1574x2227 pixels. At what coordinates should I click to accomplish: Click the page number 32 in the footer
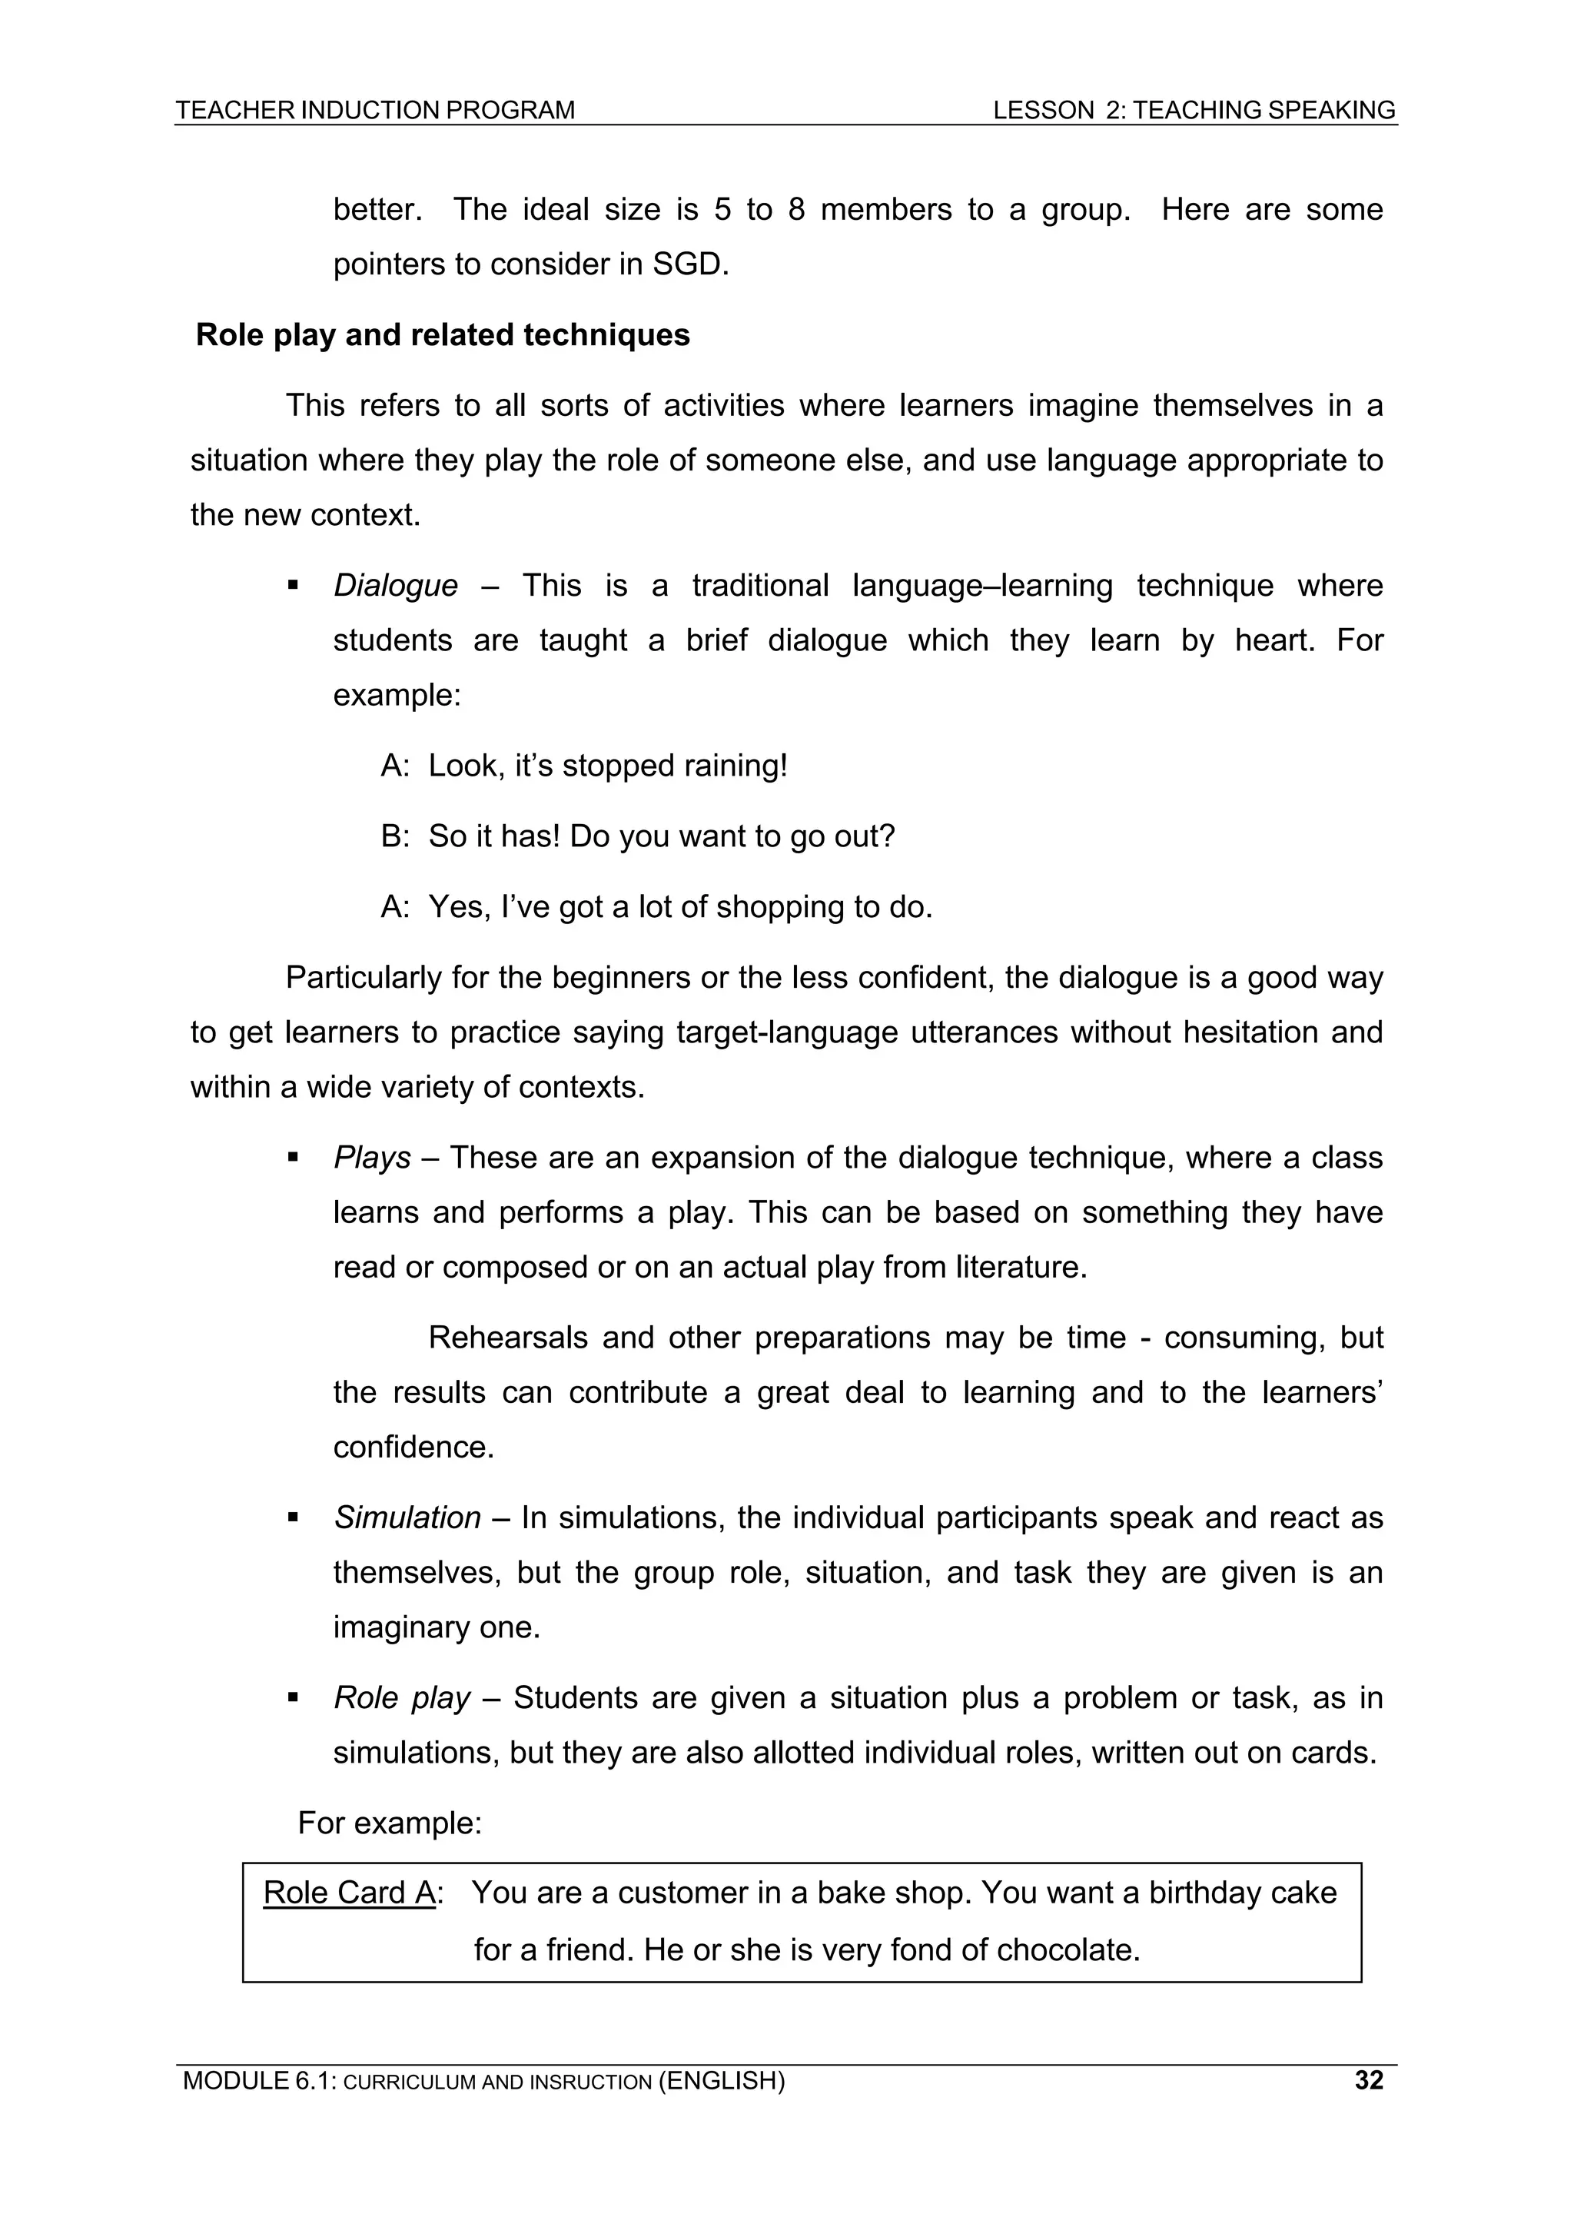pyautogui.click(x=1368, y=2080)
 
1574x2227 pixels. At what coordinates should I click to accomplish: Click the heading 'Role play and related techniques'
pyautogui.click(x=442, y=334)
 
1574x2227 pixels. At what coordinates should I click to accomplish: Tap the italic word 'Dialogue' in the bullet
pyautogui.click(x=395, y=586)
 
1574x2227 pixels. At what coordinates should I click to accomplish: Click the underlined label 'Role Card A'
pyautogui.click(x=349, y=1893)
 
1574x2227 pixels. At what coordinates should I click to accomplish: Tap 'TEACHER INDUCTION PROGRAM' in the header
pyautogui.click(x=375, y=111)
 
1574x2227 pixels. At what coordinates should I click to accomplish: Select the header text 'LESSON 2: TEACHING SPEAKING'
pyautogui.click(x=1194, y=111)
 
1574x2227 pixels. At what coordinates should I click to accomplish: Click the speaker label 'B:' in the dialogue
pyautogui.click(x=395, y=836)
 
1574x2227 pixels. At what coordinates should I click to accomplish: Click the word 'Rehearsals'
pyautogui.click(x=507, y=1338)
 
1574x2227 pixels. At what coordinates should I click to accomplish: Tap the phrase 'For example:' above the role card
pyautogui.click(x=389, y=1823)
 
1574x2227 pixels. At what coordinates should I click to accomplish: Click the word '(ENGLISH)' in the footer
pyautogui.click(x=721, y=2080)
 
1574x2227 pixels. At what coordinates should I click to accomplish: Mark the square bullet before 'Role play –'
pyautogui.click(x=292, y=1698)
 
